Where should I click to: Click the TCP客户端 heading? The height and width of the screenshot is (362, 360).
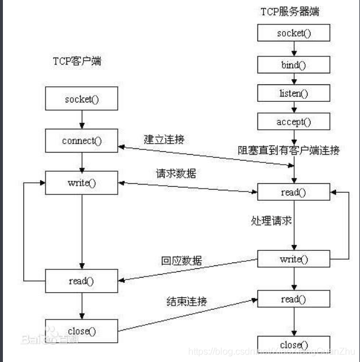tap(76, 61)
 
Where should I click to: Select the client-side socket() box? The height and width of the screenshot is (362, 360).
tap(82, 98)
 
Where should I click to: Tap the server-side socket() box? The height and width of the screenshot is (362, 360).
tap(294, 33)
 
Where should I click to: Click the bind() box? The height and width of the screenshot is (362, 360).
tap(294, 64)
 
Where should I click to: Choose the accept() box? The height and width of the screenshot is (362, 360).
tap(294, 122)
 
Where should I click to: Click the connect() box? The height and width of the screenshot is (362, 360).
tap(82, 140)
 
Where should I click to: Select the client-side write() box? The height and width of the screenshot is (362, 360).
tap(82, 183)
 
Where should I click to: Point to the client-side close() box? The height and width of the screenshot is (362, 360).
tap(82, 331)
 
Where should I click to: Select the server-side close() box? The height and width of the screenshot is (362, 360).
tap(294, 344)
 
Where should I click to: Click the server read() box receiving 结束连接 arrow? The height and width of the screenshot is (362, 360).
tap(294, 299)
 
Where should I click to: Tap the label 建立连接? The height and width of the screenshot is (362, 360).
tap(165, 140)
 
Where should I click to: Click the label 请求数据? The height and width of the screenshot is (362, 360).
tap(176, 173)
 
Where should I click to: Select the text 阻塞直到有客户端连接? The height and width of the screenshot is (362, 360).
tap(289, 150)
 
